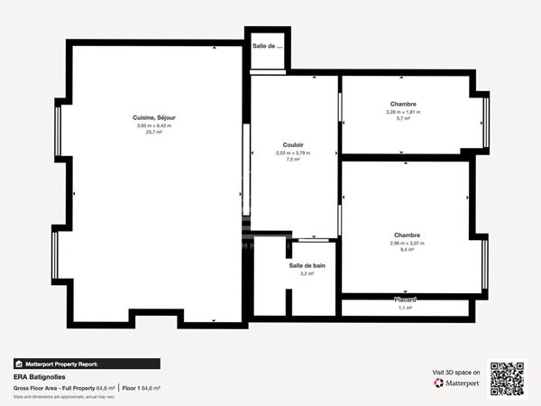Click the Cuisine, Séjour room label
153,117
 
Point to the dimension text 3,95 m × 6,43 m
153,125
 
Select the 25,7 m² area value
153,132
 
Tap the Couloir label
293,144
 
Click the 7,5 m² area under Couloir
293,159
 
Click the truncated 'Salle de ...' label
268,45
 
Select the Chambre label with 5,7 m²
403,104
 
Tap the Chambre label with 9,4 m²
407,235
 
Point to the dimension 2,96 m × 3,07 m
407,243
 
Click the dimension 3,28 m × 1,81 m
403,112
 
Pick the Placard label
405,300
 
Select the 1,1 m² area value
405,308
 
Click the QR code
507,379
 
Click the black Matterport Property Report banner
87,364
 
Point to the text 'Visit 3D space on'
456,372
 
